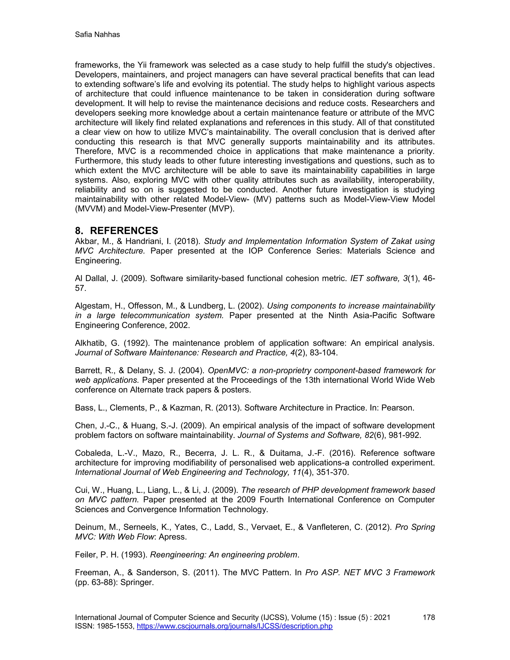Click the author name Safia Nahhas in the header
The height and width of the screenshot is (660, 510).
97,35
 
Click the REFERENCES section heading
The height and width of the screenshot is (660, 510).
124,231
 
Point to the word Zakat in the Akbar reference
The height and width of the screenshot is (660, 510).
401,241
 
